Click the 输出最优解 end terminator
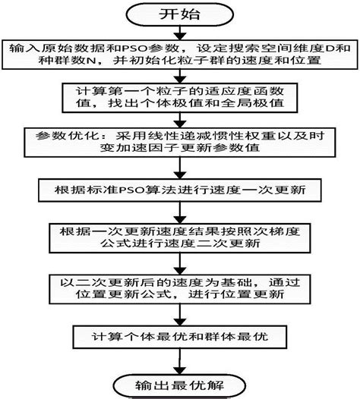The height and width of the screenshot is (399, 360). [180, 382]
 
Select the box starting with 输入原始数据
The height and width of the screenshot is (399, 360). [180, 55]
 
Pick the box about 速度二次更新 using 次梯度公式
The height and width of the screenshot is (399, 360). [180, 237]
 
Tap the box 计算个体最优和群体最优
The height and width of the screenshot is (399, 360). [180, 336]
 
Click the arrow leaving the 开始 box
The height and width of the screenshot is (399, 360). [180, 33]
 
